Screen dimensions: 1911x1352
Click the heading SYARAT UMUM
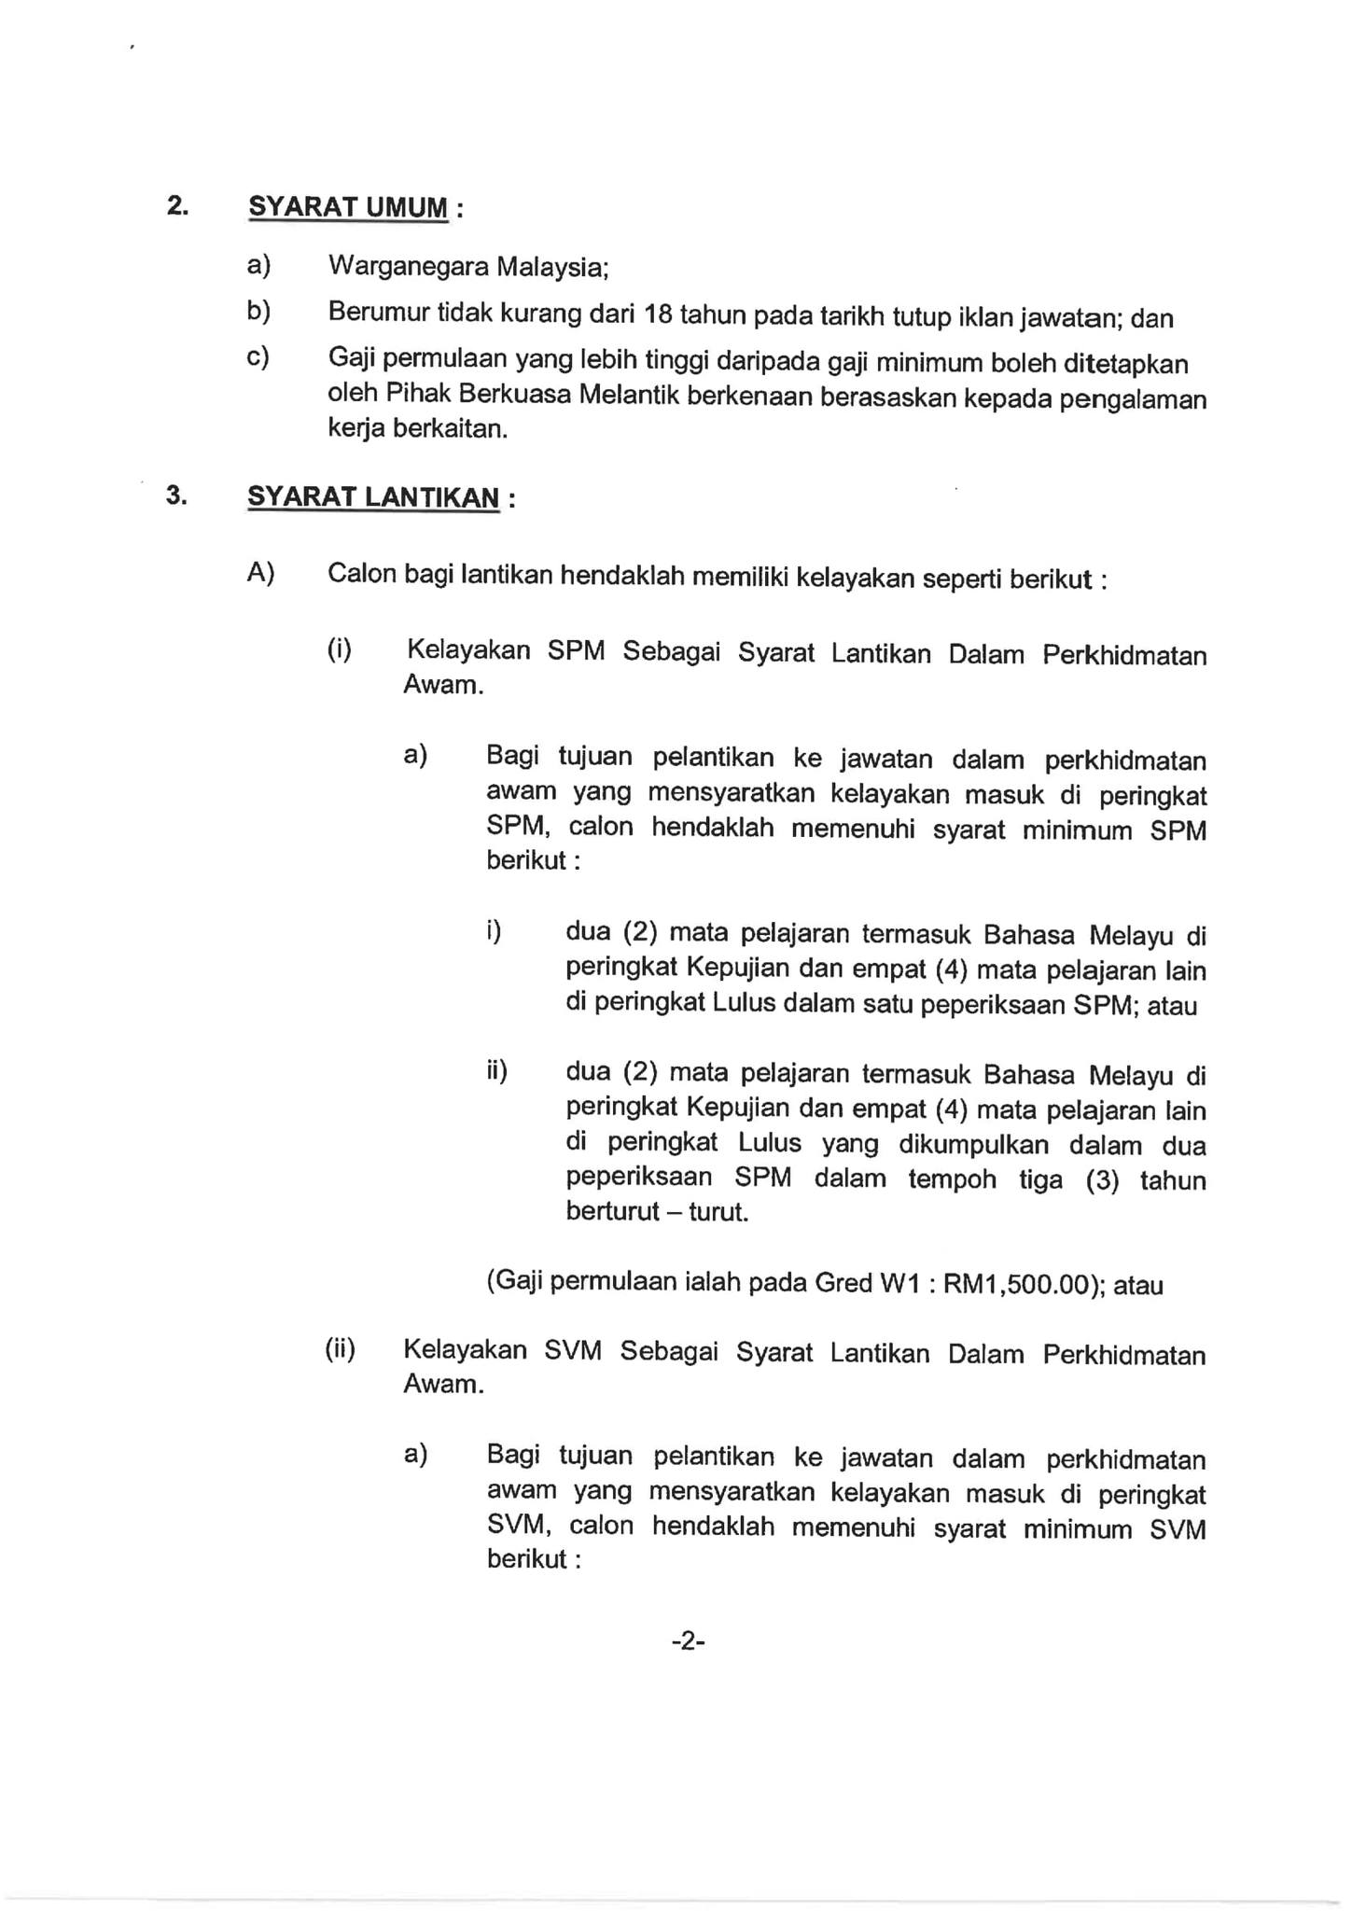(348, 207)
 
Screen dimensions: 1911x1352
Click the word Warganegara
(409, 267)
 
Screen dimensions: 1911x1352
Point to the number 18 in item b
(658, 314)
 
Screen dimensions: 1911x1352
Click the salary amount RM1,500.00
(1015, 1284)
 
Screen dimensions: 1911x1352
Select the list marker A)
(261, 573)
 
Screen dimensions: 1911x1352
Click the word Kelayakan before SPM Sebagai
(467, 650)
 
